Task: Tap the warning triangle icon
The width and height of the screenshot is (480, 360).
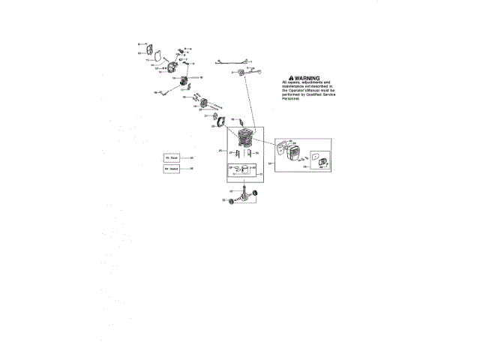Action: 292,78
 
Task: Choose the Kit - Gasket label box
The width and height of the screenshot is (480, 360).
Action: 172,169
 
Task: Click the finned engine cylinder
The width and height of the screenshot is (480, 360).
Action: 246,140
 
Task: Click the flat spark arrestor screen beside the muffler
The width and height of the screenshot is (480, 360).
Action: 317,160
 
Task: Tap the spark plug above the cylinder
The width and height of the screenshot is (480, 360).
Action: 243,122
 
